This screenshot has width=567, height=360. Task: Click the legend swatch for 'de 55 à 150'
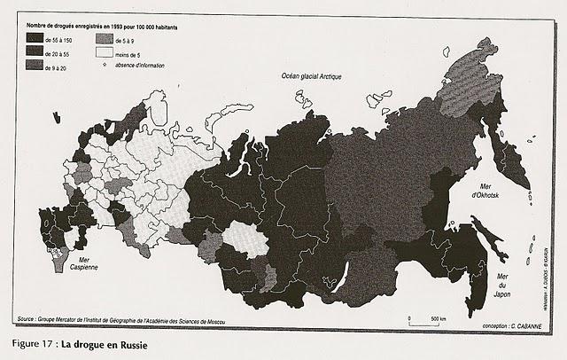pyautogui.click(x=37, y=41)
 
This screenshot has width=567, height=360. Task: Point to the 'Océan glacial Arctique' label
pyautogui.click(x=311, y=78)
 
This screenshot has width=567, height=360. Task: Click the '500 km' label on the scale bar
pyautogui.click(x=439, y=319)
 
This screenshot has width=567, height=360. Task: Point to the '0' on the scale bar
pyautogui.click(x=410, y=319)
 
